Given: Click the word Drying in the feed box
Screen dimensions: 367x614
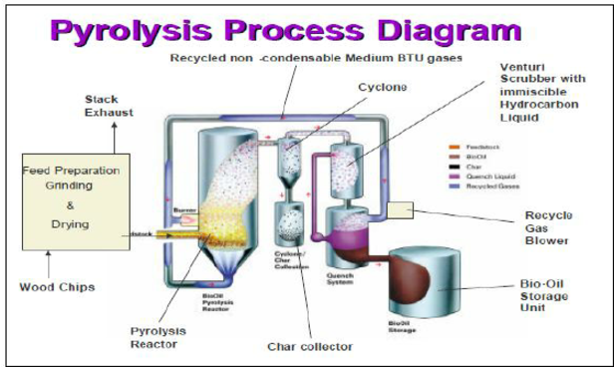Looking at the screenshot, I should pyautogui.click(x=71, y=225).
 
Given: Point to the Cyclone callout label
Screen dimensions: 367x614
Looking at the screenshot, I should pyautogui.click(x=384, y=88).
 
